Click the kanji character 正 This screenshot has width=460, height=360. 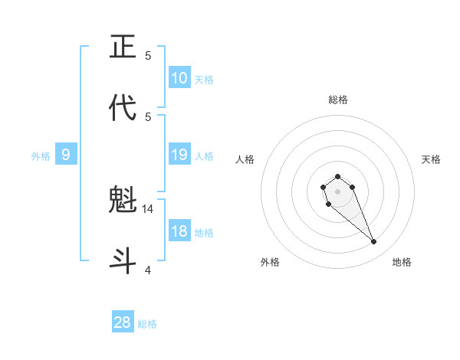(x=123, y=47)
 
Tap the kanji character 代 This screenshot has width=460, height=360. (x=123, y=108)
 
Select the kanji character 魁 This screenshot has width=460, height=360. (x=123, y=201)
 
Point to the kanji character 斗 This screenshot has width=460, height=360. (x=123, y=261)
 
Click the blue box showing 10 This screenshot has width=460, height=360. (x=179, y=78)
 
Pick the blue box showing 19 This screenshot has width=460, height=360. (x=179, y=155)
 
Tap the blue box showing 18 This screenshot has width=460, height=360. (x=179, y=232)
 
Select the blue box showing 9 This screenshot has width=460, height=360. (x=66, y=155)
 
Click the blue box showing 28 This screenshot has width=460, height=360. (x=123, y=322)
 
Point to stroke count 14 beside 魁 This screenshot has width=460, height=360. (x=149, y=208)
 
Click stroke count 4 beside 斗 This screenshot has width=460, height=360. (x=148, y=270)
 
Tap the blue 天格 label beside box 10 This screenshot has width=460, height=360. (x=204, y=79)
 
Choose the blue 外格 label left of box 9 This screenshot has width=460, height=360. (x=41, y=156)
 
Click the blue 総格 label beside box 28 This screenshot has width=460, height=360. (x=147, y=323)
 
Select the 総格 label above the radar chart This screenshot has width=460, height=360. (x=338, y=100)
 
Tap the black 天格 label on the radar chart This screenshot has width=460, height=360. (x=431, y=159)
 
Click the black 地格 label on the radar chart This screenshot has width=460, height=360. (x=402, y=262)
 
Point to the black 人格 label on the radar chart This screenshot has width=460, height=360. (x=245, y=159)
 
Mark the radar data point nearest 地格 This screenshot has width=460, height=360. (x=374, y=242)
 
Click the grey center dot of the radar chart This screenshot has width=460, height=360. (x=338, y=191)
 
